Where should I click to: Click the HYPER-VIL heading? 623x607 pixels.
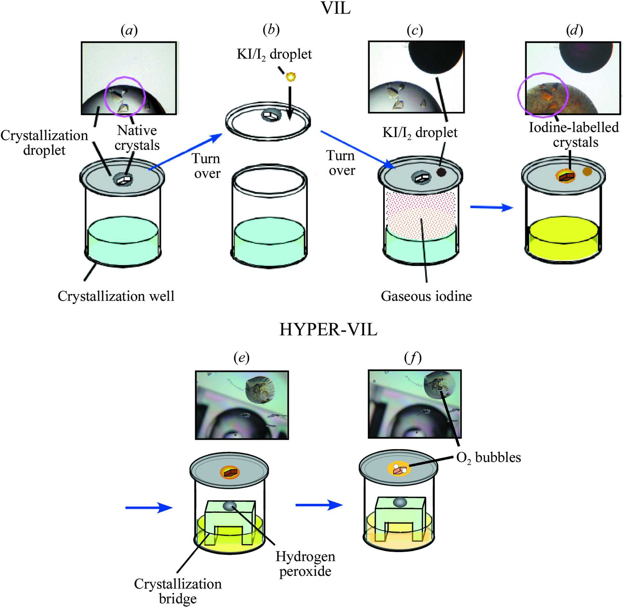(x=328, y=329)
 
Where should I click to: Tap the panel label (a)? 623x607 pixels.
(x=129, y=30)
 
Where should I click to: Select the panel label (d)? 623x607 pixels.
(x=575, y=30)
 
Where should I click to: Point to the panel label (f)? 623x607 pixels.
(x=413, y=357)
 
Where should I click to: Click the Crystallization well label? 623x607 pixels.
(x=116, y=296)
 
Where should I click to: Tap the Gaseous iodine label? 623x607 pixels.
(x=426, y=296)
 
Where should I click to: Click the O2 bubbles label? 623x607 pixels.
(x=488, y=458)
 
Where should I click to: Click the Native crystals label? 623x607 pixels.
(x=137, y=138)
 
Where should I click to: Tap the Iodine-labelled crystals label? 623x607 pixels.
(x=574, y=135)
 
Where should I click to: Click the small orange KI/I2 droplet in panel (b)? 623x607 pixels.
(x=291, y=76)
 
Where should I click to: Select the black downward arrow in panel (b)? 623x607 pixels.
(x=290, y=103)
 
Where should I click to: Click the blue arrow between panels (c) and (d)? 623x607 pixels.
(x=491, y=207)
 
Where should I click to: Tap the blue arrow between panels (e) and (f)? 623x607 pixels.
(x=319, y=505)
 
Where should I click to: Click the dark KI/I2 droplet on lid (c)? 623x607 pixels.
(x=441, y=172)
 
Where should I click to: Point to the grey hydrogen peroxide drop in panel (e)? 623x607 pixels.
(x=230, y=506)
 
